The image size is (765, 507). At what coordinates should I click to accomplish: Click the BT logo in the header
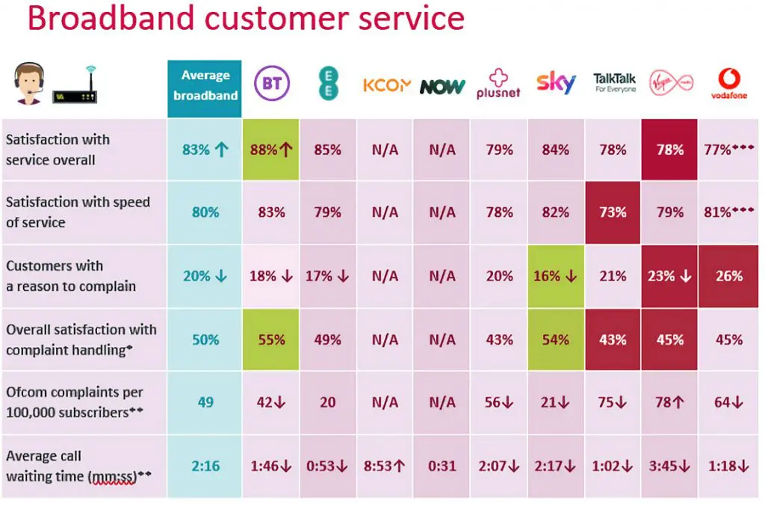coord(271,84)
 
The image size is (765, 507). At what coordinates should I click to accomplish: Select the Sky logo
coord(556,82)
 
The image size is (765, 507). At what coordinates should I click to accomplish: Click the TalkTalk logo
coord(614,82)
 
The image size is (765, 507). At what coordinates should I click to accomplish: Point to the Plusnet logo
coord(498,84)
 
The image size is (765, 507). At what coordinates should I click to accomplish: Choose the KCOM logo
coord(386,85)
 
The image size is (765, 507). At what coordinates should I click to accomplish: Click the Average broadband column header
coord(205,85)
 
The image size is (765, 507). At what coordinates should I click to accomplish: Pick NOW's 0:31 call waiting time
coord(442,466)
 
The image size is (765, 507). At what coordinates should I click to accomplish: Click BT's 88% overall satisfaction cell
coord(271,150)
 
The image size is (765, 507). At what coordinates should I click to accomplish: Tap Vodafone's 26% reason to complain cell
coord(728,276)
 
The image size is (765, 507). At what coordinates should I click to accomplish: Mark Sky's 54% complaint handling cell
coord(556,339)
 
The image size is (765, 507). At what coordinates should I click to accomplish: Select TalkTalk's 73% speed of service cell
coord(613,212)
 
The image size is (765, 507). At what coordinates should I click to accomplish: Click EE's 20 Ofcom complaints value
coord(328,402)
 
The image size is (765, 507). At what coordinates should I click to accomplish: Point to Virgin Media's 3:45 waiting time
coord(669,466)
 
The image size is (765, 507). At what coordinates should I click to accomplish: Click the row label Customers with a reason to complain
coord(71,276)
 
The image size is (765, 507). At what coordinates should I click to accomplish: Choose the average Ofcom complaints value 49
coord(205,402)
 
